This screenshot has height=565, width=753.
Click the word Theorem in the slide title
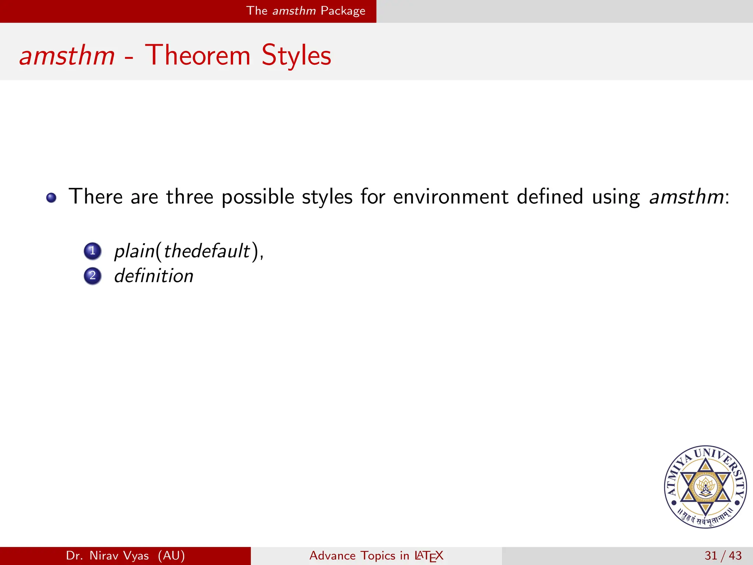(x=197, y=55)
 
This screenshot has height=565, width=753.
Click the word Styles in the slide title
(x=296, y=56)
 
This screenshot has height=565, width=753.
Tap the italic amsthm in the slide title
(x=67, y=56)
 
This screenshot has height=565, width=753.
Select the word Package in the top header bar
(x=343, y=11)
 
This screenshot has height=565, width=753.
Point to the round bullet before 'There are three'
(x=51, y=198)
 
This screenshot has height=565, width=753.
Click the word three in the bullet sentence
(x=189, y=197)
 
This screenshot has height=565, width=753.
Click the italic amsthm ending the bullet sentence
(x=686, y=197)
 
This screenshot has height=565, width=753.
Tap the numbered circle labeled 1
(x=92, y=251)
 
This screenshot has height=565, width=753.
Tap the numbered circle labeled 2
(x=92, y=276)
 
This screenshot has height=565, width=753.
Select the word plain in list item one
(x=134, y=252)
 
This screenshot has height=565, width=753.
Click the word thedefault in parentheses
(x=207, y=252)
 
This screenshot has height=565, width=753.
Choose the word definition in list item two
(x=154, y=276)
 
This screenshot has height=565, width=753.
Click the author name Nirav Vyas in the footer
(x=119, y=555)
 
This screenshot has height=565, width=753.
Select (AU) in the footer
(x=171, y=555)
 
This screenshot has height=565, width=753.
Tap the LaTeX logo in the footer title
(x=429, y=556)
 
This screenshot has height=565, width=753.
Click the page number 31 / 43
(x=723, y=555)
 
